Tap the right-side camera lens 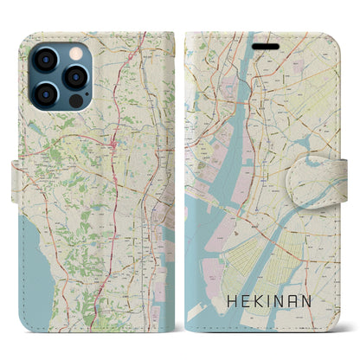(x=72, y=74)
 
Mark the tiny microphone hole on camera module (x=61, y=74)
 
